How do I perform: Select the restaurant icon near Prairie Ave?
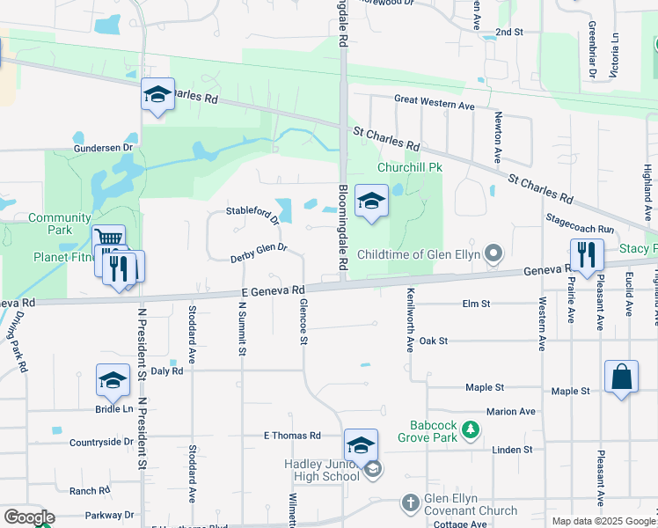pos(587,255)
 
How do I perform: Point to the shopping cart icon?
pos(107,240)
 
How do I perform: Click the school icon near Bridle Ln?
pos(113,380)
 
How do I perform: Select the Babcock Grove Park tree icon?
pos(472,429)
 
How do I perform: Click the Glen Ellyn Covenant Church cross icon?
pos(410,503)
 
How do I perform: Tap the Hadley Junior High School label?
pos(321,470)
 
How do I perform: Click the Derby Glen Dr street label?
pos(259,253)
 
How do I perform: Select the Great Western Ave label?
pos(435,105)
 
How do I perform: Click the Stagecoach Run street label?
pos(579,226)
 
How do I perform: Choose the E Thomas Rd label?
pos(292,436)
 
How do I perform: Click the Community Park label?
pos(59,224)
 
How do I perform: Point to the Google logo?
pos(28,517)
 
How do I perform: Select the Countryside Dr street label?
pos(100,442)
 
